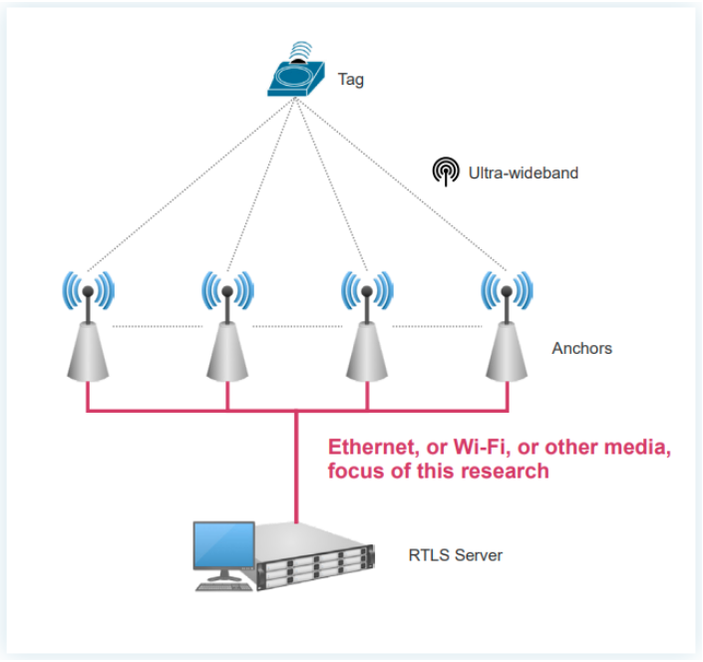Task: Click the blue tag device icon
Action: [295, 74]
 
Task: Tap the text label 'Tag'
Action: [351, 80]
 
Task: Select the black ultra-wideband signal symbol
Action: [446, 171]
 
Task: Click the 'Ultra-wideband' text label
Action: [524, 172]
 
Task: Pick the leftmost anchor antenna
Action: [88, 329]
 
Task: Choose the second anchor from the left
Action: [227, 329]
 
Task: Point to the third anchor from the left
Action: [367, 329]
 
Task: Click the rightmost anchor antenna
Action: [507, 329]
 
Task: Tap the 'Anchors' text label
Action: [581, 348]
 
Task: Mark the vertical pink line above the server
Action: [297, 469]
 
